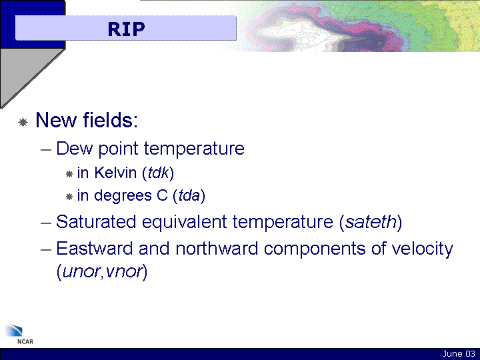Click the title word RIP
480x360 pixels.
click(x=126, y=29)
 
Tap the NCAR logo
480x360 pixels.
click(x=19, y=334)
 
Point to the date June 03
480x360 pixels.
click(x=459, y=354)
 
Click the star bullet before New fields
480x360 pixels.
click(x=23, y=122)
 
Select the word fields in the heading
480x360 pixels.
click(x=111, y=120)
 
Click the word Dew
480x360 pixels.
click(x=75, y=149)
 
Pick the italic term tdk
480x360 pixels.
click(x=158, y=173)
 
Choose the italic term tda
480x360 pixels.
click(x=189, y=195)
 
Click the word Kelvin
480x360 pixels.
click(x=115, y=173)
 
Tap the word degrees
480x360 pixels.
click(x=123, y=196)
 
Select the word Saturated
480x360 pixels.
click(x=96, y=221)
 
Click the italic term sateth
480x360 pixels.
click(x=371, y=221)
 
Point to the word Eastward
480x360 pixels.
click(x=95, y=248)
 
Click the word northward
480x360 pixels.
click(x=217, y=248)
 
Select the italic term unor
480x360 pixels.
click(x=81, y=271)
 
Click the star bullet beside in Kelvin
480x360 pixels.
click(x=69, y=174)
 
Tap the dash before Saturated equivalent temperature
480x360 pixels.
click(x=46, y=223)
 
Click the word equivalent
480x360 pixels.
click(x=184, y=222)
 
